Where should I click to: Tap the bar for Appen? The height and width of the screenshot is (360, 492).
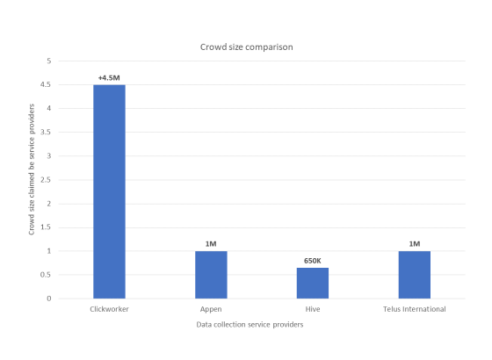pos(211,275)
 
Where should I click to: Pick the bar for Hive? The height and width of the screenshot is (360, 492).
pos(313,283)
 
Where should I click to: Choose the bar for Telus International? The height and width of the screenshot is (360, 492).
pos(415,275)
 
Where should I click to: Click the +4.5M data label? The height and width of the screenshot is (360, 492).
pos(110,77)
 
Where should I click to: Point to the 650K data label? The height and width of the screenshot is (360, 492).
pos(313,260)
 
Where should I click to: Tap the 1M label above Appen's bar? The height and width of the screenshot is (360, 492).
pos(211,243)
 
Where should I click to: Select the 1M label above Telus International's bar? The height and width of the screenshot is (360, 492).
pos(415,243)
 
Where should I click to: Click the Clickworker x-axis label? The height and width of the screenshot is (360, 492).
pos(110,309)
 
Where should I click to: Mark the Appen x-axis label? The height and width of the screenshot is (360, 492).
pos(211,309)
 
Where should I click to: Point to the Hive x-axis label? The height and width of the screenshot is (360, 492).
pos(313,309)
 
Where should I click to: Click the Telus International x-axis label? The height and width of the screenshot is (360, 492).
pos(415,309)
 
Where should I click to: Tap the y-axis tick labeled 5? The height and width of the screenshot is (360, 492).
pos(49,61)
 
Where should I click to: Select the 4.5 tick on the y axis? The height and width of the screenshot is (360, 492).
pos(47,85)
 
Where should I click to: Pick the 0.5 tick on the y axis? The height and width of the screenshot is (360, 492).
pos(47,275)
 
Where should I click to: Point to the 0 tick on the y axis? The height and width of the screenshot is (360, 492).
pos(49,299)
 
